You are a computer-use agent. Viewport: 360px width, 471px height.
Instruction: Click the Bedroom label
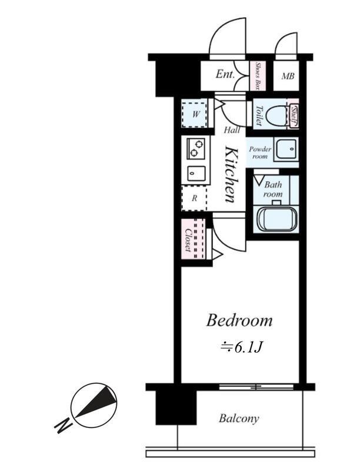point(239,320)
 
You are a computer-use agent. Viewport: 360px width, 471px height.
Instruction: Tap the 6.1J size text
point(242,348)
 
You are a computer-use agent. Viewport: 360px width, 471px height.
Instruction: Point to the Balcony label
point(239,418)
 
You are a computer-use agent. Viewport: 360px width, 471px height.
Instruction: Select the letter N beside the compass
point(64,425)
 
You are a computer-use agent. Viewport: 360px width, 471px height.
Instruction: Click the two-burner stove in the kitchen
point(196,148)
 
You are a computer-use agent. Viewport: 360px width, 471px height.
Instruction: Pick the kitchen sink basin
point(196,173)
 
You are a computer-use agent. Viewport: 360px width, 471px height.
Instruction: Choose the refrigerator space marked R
point(194,198)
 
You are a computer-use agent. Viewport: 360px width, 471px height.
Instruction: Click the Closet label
point(188,240)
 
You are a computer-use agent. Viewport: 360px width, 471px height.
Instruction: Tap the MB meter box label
point(288,76)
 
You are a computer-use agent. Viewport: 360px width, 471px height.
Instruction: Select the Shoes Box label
point(257,76)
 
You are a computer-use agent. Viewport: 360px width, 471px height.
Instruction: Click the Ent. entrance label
point(225,74)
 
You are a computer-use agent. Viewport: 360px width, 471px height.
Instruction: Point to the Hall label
point(232,130)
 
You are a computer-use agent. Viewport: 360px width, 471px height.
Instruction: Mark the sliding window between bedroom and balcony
point(256,387)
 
